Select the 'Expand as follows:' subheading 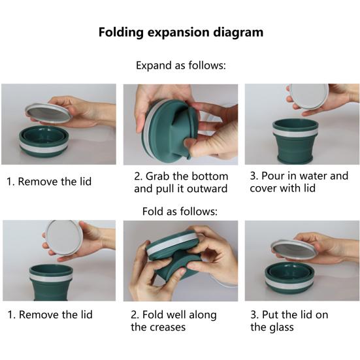[x=180, y=65]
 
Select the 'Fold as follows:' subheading [x=180, y=211]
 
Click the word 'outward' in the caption [x=205, y=189]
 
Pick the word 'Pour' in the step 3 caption [x=272, y=176]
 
